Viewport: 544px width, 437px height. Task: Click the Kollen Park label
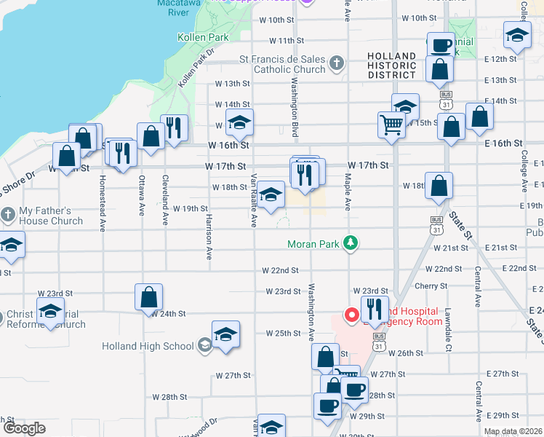point(203,37)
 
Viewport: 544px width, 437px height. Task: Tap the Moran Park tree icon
point(351,243)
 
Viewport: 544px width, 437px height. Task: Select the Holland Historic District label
point(392,66)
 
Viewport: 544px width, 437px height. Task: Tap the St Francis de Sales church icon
point(336,64)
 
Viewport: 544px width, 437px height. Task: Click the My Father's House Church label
point(51,216)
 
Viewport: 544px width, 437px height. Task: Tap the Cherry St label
point(429,286)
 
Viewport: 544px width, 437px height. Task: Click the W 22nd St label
point(281,270)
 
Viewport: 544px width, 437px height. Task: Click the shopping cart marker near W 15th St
point(391,125)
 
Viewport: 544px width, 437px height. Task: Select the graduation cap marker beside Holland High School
point(225,334)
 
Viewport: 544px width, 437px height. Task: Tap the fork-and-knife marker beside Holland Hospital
point(375,309)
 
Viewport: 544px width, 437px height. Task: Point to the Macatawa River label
point(174,8)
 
